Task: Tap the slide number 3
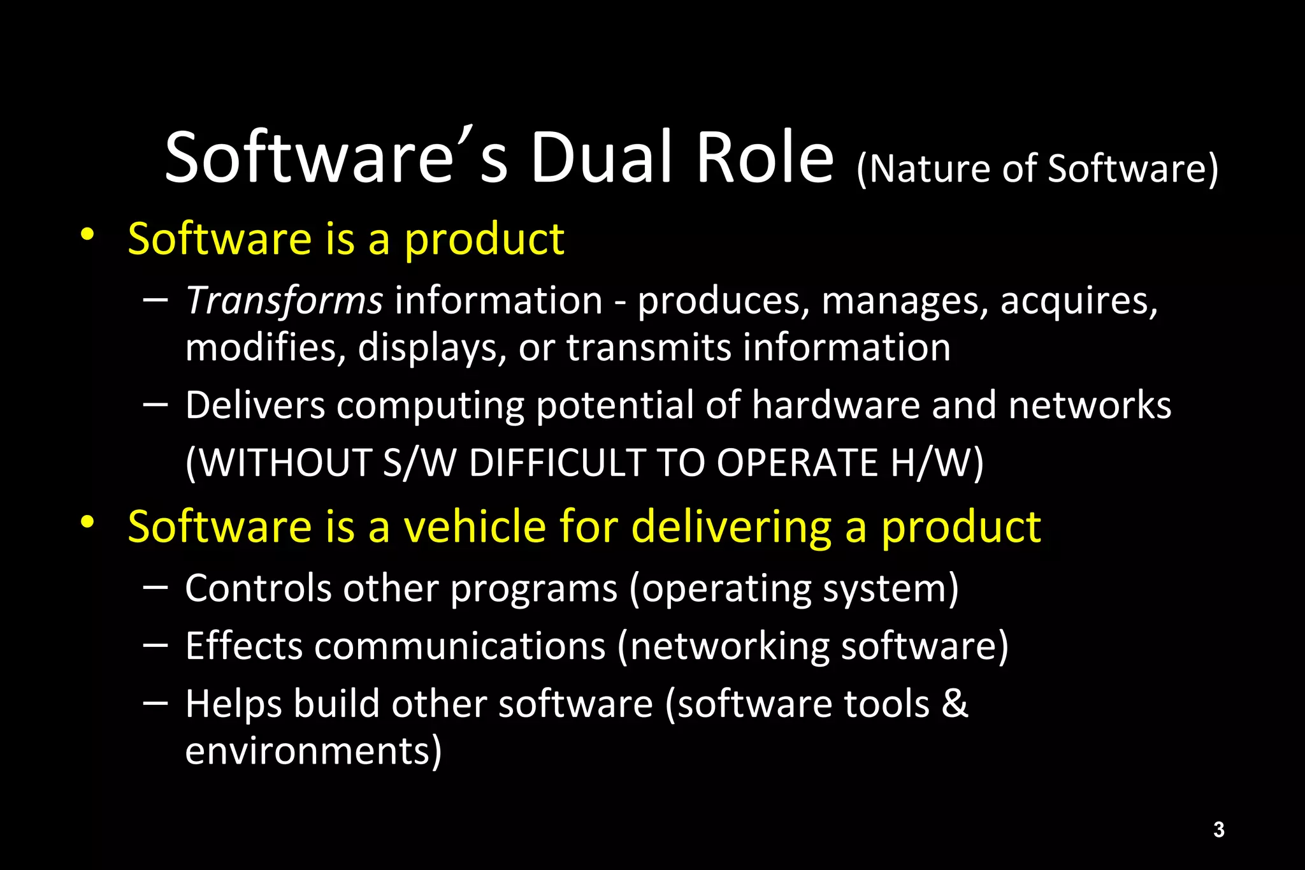(1218, 829)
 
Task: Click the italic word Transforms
(284, 300)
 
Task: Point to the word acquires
(1078, 301)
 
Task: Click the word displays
(432, 349)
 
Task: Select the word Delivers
(255, 405)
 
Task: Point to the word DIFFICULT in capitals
(558, 462)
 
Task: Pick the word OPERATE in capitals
(797, 462)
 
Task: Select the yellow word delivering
(732, 528)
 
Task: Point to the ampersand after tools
(955, 704)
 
